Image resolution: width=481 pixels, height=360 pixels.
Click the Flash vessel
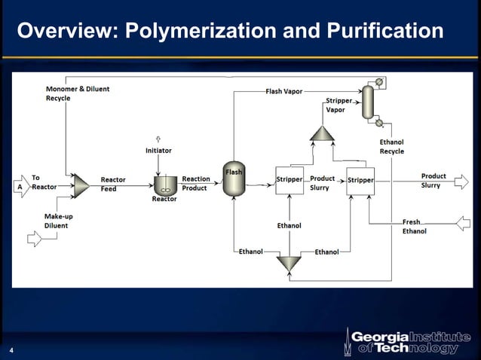tap(234, 179)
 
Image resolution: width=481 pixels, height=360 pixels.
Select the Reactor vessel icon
tap(165, 183)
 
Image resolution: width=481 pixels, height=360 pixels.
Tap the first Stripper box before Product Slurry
tap(290, 181)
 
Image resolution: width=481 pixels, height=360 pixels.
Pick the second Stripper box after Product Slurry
tap(360, 181)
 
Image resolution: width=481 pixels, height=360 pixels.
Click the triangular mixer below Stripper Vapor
tap(322, 133)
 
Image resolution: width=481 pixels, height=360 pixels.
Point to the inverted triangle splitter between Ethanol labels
tap(288, 264)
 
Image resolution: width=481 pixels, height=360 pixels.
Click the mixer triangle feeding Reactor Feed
tap(81, 185)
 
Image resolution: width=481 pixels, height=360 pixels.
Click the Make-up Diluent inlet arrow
tap(35, 238)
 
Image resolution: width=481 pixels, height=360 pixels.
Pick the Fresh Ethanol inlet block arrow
tap(464, 223)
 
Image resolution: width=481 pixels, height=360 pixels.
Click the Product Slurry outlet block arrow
tap(464, 180)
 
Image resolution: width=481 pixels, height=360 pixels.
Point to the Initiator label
tap(158, 151)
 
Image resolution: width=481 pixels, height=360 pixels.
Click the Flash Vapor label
tap(283, 91)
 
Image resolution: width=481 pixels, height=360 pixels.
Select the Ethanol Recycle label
tap(391, 147)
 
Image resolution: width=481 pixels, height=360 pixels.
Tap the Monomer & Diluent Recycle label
tap(78, 93)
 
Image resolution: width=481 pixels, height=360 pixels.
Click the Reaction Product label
tap(196, 183)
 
